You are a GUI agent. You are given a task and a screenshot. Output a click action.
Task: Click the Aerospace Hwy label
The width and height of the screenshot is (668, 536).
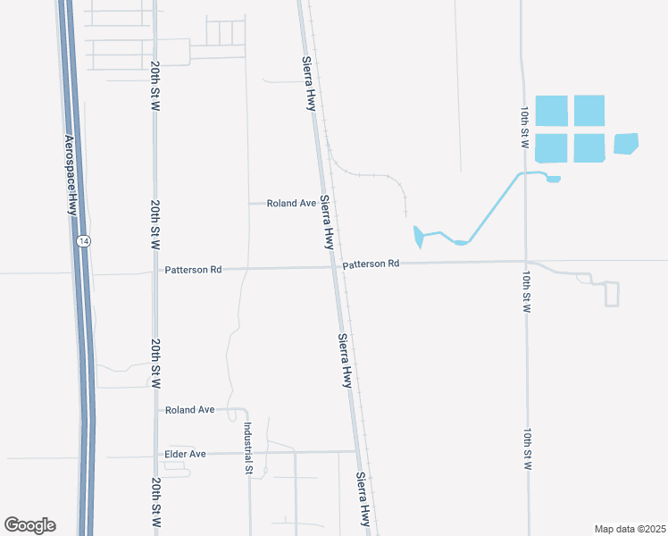(71, 175)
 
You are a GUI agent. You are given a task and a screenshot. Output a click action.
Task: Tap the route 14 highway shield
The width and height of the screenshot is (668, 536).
(83, 241)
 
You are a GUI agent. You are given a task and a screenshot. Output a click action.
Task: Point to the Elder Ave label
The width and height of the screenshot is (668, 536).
(186, 454)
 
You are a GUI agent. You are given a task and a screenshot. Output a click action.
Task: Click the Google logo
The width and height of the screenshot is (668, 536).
(29, 525)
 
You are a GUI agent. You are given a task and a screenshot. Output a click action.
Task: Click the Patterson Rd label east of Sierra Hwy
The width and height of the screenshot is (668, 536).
(371, 264)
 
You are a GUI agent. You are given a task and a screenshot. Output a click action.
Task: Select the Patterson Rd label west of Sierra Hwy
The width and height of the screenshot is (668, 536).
(193, 269)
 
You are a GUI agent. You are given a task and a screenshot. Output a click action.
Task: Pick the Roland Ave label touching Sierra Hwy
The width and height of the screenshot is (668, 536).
(291, 204)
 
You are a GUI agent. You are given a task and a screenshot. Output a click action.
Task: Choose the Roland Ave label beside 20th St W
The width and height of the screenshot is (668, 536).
(189, 409)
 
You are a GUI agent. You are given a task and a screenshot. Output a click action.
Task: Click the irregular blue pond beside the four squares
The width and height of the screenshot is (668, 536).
(626, 143)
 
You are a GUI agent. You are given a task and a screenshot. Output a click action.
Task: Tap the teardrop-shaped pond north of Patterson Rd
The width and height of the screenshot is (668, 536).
(418, 237)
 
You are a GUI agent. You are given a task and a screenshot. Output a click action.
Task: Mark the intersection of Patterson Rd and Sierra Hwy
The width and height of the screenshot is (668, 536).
(335, 265)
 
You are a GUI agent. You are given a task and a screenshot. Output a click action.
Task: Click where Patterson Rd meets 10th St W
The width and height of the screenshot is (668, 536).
(526, 262)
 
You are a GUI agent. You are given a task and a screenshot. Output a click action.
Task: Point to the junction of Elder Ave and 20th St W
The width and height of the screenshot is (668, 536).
(156, 454)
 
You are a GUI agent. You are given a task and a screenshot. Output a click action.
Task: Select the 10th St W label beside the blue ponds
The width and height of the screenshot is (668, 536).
(525, 126)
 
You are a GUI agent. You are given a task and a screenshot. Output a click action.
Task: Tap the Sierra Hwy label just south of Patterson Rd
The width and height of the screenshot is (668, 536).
(345, 360)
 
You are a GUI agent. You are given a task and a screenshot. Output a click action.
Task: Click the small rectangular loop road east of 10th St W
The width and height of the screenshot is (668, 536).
(612, 294)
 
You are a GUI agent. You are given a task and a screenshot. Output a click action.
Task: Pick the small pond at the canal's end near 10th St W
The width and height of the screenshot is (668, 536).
(553, 179)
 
